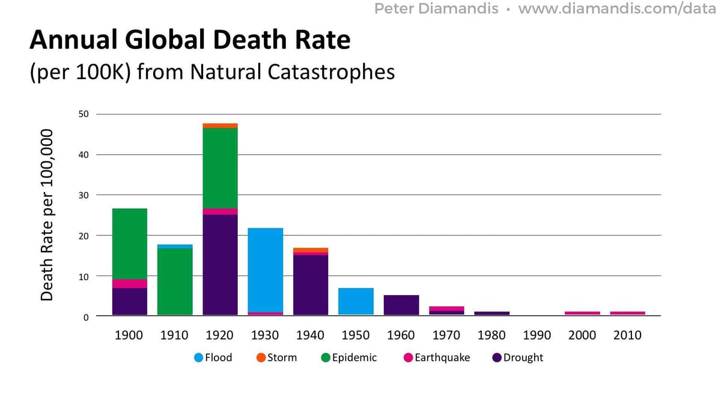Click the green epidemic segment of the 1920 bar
coord(220,168)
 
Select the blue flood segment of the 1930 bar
coord(265,270)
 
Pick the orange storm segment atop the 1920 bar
coord(220,125)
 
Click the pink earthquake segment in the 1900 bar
coord(129,284)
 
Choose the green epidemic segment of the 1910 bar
coord(175,281)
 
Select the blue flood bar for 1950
coord(356,301)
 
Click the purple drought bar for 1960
coord(401,305)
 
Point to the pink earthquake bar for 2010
coord(627,313)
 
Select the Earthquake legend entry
coord(437,358)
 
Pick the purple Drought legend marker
coord(496,358)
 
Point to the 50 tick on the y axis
coord(83,114)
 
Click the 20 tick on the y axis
coord(83,236)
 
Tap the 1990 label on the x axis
coord(537,335)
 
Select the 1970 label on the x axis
coord(446,335)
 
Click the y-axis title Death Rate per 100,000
coord(47,214)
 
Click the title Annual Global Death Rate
coord(190,40)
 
